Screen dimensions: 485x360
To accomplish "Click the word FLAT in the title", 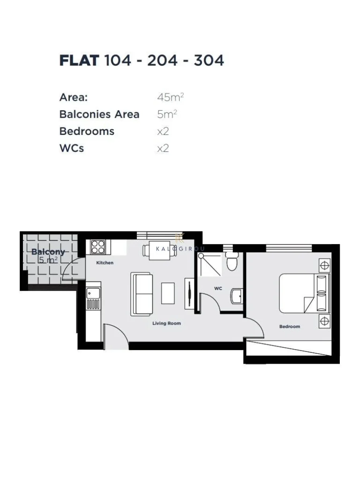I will (x=79, y=60).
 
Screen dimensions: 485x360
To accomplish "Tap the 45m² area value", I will (x=170, y=97).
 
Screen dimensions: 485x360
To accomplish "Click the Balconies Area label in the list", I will (x=99, y=114).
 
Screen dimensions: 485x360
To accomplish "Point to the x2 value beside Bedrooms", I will (x=163, y=131).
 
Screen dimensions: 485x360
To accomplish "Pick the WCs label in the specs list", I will (x=71, y=148).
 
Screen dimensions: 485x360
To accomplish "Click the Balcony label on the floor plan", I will (x=48, y=252).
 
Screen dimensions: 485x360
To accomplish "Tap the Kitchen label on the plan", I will (x=105, y=263).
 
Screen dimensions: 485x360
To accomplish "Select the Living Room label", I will (x=166, y=323).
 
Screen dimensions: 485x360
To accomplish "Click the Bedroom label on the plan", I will (x=290, y=326).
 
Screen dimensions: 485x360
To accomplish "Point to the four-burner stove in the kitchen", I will (x=97, y=246).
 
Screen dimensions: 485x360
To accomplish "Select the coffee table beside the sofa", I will (x=168, y=293).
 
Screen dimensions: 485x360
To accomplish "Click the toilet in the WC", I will (x=231, y=261).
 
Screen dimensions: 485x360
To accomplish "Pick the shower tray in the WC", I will (x=210, y=264).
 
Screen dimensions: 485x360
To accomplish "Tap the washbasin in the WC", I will (x=237, y=296).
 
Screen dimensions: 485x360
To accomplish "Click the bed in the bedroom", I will (x=304, y=293).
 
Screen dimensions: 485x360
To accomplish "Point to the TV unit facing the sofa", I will (x=189, y=293).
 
